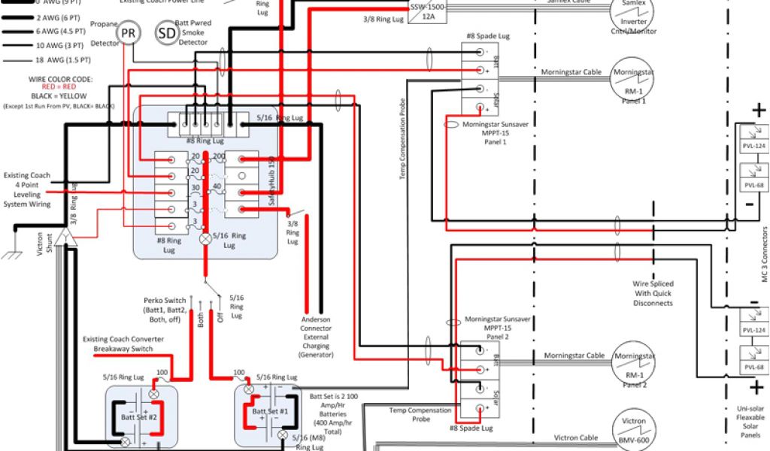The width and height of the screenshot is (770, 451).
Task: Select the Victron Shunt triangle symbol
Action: click(65, 240)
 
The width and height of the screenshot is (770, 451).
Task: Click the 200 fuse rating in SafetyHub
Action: click(220, 156)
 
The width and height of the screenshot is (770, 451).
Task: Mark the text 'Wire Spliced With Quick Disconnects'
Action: click(652, 294)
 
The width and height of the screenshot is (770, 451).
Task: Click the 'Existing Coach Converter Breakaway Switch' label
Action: click(123, 344)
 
